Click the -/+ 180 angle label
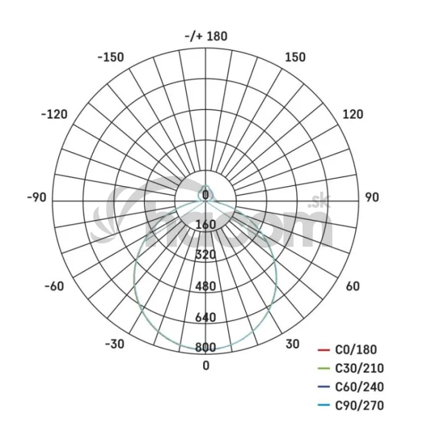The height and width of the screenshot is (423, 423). pos(206,36)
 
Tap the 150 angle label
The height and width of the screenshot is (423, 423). pos(295,57)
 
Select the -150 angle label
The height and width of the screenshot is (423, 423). pos(111,57)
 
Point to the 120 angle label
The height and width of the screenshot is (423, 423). pos(353,114)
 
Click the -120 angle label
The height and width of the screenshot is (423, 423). pos(54,114)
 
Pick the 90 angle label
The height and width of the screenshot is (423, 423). pos(372,198)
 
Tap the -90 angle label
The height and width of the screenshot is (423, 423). pos(37,198)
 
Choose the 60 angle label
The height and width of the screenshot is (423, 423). pos(353,286)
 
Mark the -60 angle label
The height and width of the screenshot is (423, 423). pos(54,286)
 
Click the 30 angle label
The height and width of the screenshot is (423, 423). pos(292,344)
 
